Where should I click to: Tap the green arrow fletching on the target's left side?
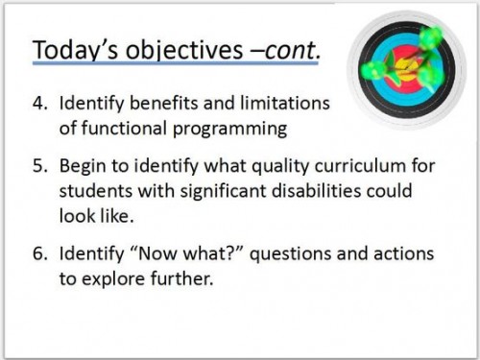click(372, 69)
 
